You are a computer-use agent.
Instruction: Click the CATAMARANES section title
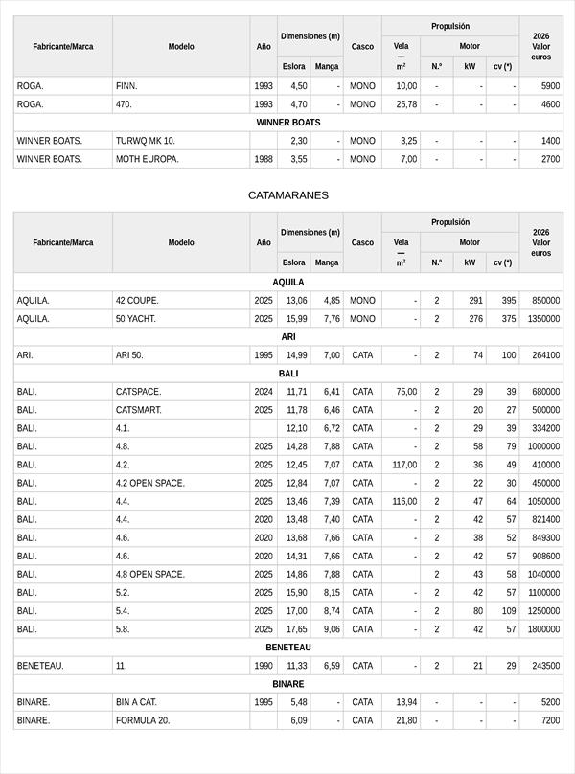tap(287, 195)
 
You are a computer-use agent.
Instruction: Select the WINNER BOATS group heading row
tap(287, 123)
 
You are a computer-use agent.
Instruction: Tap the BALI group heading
tap(287, 374)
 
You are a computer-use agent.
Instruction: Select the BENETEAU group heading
tap(287, 648)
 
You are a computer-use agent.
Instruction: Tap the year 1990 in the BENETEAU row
tap(264, 666)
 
